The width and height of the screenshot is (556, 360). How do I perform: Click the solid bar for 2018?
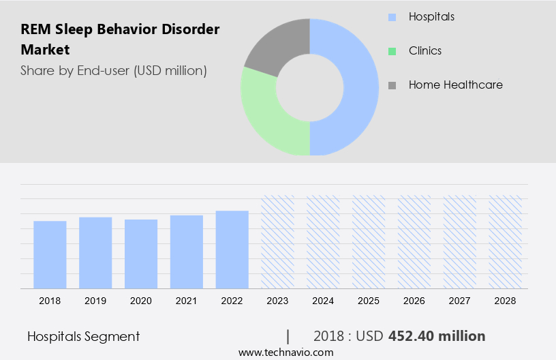point(50,254)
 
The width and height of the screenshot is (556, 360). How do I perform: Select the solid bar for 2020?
point(141,254)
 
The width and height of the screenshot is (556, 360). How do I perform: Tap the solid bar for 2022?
point(232,250)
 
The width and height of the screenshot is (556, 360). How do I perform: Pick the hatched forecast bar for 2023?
point(278,242)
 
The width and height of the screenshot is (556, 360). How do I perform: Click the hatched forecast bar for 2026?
point(414,242)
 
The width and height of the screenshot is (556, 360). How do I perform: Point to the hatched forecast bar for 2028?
point(506,242)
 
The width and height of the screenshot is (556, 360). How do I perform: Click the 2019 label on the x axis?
point(95,301)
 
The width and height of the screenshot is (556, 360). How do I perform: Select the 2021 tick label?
point(187,301)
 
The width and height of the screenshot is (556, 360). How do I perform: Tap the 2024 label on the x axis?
point(323,301)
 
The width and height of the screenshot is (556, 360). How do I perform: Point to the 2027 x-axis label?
point(460,301)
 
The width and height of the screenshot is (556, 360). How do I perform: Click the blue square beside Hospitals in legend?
point(392,16)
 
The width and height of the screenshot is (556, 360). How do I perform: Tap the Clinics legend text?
point(425,50)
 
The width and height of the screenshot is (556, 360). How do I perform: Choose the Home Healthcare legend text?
point(455,85)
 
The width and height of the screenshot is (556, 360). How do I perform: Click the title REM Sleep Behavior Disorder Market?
point(120,40)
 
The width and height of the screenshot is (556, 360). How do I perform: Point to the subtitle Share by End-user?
point(113,70)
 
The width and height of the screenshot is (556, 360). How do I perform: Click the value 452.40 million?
point(437,336)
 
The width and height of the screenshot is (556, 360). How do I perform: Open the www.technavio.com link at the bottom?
point(285,352)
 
